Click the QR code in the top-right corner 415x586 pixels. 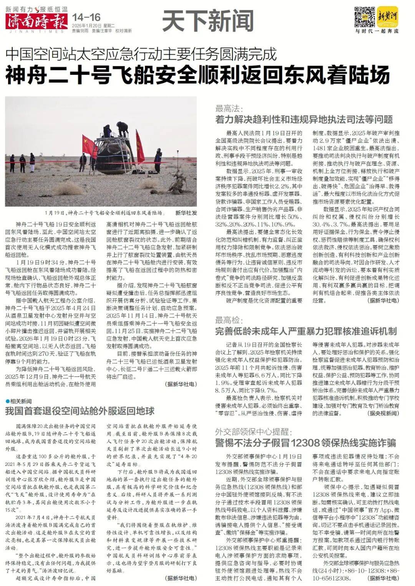click(x=364, y=17)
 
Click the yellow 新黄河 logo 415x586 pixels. click(x=387, y=16)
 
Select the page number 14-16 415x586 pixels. click(x=86, y=17)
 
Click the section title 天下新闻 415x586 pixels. click(x=208, y=20)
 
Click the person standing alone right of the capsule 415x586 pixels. click(x=158, y=157)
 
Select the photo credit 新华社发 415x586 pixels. click(x=186, y=213)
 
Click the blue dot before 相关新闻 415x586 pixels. click(x=7, y=401)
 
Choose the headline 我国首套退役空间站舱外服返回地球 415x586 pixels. click(x=80, y=411)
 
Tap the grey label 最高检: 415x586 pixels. click(x=229, y=320)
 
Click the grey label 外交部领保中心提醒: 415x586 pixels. click(x=254, y=432)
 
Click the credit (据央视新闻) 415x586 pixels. click(x=383, y=413)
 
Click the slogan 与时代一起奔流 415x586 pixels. click(x=377, y=31)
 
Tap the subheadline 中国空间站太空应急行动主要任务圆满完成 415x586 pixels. click(x=141, y=54)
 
